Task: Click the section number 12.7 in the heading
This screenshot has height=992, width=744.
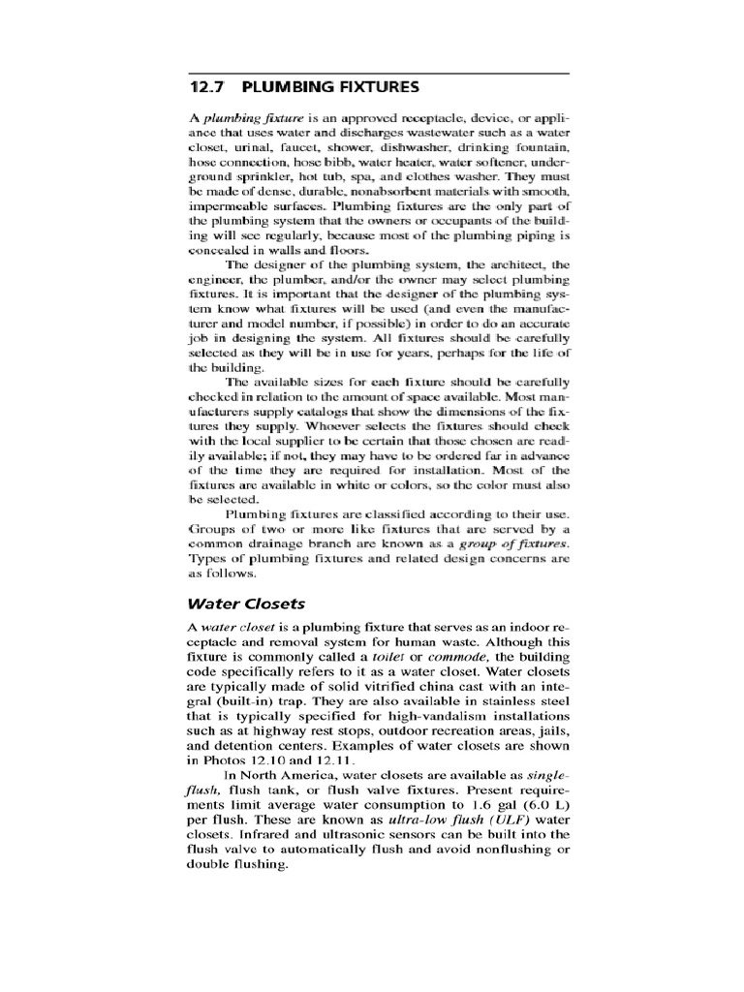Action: pos(207,87)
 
